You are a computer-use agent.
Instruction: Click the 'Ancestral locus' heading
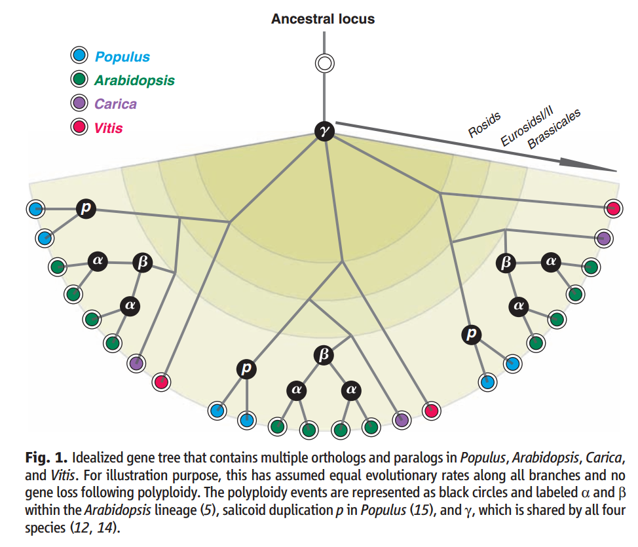tap(323, 18)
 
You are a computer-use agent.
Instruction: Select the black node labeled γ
tap(324, 131)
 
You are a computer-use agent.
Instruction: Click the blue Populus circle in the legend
tap(80, 57)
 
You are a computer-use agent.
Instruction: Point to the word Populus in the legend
tap(122, 57)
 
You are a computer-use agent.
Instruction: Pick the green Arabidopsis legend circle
tap(80, 81)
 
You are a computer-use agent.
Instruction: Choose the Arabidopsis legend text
tap(134, 81)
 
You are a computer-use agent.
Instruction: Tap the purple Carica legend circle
tap(80, 104)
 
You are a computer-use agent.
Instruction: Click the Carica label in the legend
tap(115, 104)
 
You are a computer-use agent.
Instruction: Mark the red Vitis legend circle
tap(80, 127)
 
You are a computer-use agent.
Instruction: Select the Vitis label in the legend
tap(108, 127)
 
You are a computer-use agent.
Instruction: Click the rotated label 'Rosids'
tap(485, 124)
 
